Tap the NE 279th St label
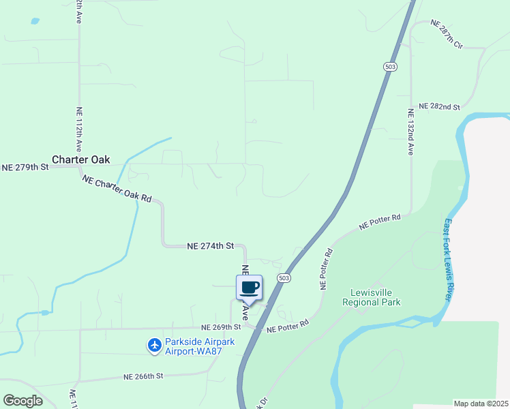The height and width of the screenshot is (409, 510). pos(25,167)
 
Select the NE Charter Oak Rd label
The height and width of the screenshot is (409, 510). pos(117,189)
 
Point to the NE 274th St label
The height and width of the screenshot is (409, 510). pos(211,245)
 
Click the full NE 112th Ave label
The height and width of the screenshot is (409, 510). pos(79,130)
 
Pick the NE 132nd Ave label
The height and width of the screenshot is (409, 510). pos(411,132)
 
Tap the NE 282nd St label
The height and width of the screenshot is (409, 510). pos(440,107)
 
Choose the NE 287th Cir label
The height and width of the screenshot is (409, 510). pos(447,34)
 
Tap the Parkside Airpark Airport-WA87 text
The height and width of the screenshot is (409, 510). pos(198,346)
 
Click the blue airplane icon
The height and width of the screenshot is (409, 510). pos(155,346)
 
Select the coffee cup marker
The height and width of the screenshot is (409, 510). pos(250,287)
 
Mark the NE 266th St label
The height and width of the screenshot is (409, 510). pos(144,376)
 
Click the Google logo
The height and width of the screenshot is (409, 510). pos(22,401)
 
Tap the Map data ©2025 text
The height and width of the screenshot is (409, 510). pos(481,404)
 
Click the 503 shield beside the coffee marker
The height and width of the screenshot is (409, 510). pos(284,278)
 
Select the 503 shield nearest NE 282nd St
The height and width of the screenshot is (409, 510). pos(388,66)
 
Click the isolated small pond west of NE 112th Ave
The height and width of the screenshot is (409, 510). pos(35,21)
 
